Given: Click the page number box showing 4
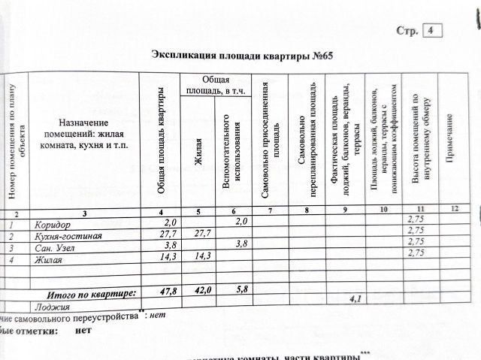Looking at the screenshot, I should [x=431, y=31].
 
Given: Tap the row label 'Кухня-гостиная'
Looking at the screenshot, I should [x=68, y=237].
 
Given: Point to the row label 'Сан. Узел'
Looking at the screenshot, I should [x=54, y=248].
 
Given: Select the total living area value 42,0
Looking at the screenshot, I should [x=204, y=291].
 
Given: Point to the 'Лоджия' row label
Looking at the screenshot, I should [x=53, y=307].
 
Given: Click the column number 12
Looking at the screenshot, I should [x=453, y=207].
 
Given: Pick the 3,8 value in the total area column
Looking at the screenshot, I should [x=170, y=245].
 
